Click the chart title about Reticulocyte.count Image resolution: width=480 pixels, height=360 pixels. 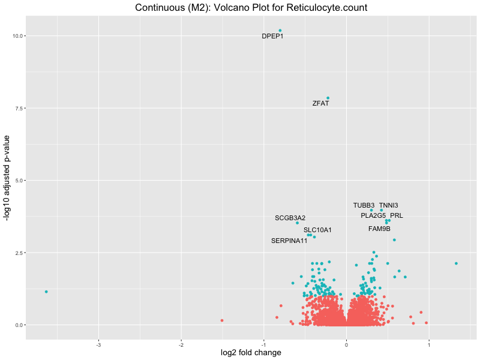tap(251, 8)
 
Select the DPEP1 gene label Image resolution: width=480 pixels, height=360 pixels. tap(272, 37)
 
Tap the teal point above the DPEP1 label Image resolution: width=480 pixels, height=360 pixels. tap(280, 31)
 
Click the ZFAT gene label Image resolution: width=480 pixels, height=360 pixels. tap(320, 104)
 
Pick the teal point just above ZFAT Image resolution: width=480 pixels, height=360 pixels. tap(328, 98)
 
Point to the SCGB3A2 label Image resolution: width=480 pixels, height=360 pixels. tap(290, 218)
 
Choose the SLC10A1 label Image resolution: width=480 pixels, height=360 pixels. tap(317, 230)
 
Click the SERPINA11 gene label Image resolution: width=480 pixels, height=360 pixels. tap(289, 241)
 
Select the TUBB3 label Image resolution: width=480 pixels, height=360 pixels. tap(364, 206)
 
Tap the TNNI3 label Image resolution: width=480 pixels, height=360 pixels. tap(388, 206)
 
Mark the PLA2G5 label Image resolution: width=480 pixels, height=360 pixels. tap(373, 216)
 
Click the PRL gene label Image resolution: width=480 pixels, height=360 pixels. tap(397, 216)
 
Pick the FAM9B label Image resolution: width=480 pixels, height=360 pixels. tap(379, 229)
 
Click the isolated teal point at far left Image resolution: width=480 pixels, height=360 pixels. tap(46, 292)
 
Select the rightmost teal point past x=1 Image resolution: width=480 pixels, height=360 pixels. tap(456, 263)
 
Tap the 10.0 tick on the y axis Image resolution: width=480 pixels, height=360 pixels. tap(17, 36)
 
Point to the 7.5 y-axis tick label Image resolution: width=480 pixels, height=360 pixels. tap(19, 109)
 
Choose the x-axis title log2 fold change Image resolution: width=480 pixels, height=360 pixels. tap(251, 353)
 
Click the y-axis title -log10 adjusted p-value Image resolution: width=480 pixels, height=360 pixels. tap(8, 180)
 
